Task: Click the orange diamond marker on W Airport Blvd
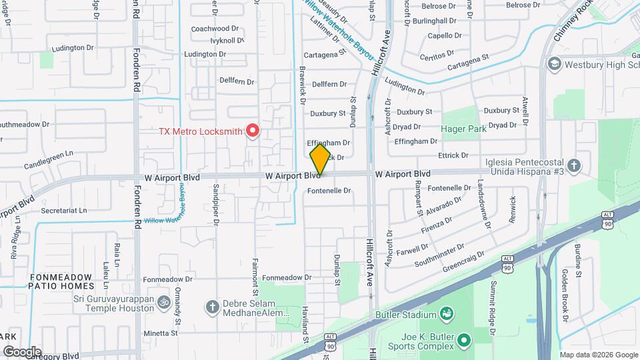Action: pos(320,159)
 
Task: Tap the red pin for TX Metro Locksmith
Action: pos(252,130)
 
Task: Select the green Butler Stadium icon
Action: pos(447,313)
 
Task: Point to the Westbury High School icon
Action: pos(553,65)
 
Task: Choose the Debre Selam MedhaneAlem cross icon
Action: pos(212,307)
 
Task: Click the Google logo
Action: pos(21,351)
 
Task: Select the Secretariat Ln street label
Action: pos(64,210)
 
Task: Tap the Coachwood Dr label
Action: pos(215,29)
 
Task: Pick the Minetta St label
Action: pos(161,333)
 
